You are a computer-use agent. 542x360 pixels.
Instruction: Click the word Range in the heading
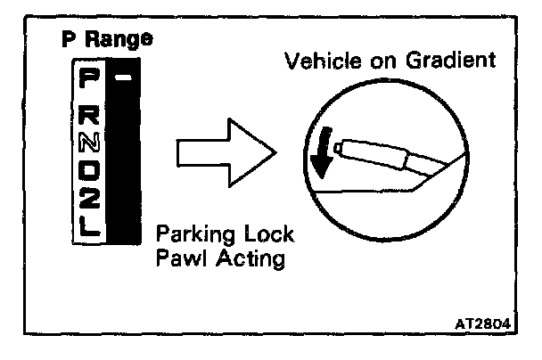click(125, 40)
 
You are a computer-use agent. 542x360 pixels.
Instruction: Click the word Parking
click(189, 237)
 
